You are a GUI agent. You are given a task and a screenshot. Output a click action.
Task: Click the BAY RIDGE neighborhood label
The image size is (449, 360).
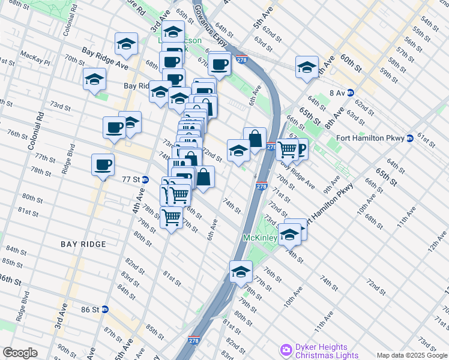pos(83,244)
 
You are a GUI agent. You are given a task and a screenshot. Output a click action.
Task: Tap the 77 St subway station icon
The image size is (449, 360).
pos(145,179)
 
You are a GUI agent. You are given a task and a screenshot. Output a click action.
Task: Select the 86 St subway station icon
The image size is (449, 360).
pos(105,310)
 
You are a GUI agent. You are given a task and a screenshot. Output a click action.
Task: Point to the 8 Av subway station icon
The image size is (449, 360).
pos(351,92)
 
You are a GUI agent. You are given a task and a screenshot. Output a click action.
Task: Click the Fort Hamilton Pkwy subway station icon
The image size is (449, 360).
pos(410,137)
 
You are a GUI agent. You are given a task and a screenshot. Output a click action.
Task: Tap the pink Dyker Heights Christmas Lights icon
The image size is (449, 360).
pos(286,350)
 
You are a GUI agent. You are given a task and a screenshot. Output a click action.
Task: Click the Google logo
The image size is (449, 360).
pos(20,353)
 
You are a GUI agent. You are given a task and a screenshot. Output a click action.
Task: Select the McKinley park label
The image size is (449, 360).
pos(259,238)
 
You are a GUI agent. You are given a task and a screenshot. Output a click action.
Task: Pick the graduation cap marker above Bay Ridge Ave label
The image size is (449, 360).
pos(126,43)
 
